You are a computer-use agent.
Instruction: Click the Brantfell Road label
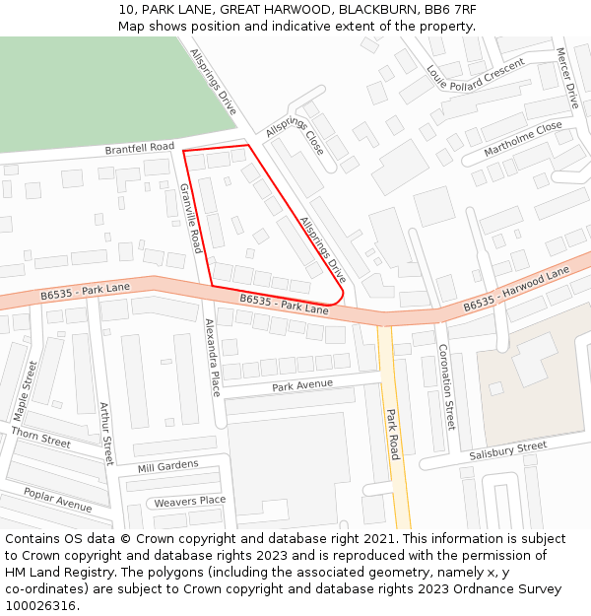click(x=140, y=148)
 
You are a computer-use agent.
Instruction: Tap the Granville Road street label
click(x=190, y=217)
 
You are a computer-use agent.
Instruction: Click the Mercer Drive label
click(x=566, y=78)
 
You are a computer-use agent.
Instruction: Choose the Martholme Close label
click(x=523, y=139)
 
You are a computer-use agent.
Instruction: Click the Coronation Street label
click(x=446, y=386)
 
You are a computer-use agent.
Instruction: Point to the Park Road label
click(x=393, y=434)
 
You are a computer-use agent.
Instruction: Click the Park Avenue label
click(x=302, y=385)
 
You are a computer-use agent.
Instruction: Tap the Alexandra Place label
click(x=212, y=357)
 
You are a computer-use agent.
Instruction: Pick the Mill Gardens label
click(x=167, y=466)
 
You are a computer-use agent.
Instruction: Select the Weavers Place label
click(x=189, y=502)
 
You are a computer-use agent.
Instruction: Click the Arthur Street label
click(x=104, y=432)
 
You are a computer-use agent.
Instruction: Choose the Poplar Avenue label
click(x=58, y=501)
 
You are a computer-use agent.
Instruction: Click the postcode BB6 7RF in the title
click(x=451, y=9)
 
